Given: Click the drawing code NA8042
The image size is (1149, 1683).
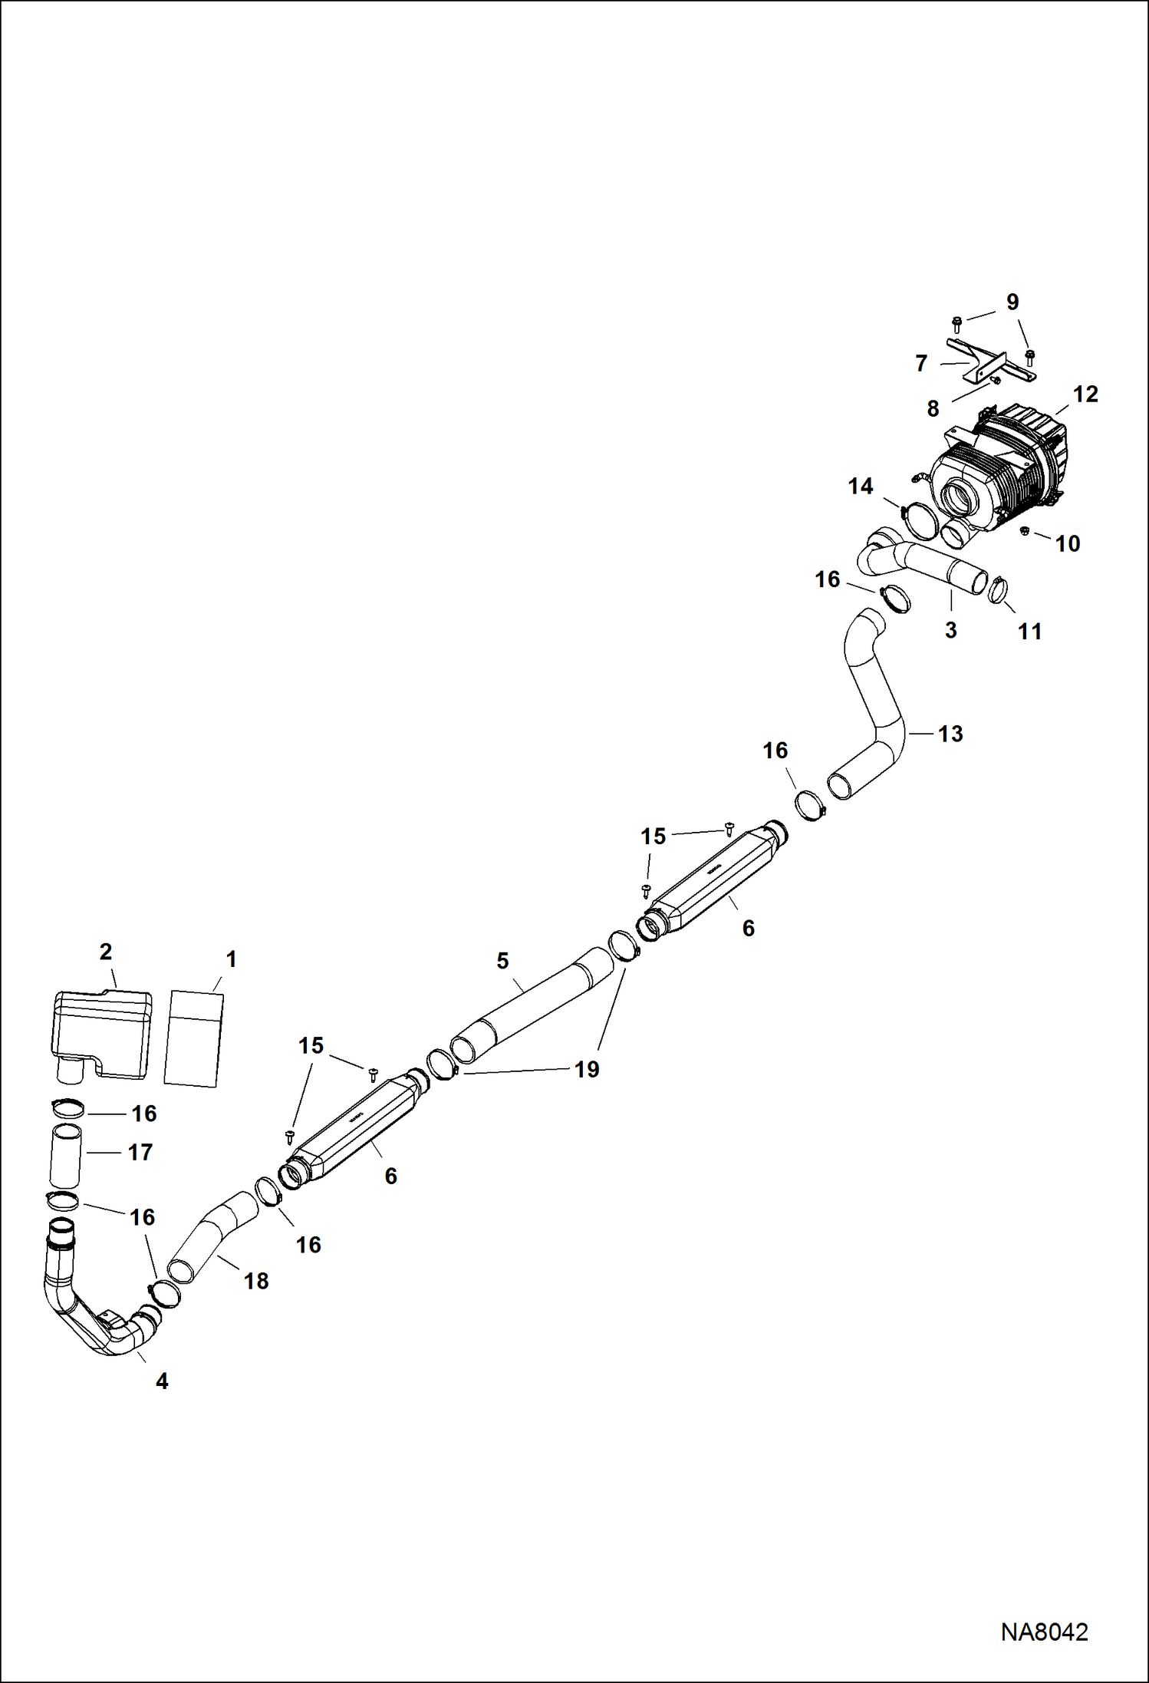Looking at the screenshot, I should tap(1044, 1632).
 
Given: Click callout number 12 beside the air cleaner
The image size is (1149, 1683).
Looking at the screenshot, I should tap(1085, 394).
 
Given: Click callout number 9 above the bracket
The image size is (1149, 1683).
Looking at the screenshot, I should tap(1012, 302).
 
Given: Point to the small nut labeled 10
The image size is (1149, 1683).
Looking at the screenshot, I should tap(1025, 530).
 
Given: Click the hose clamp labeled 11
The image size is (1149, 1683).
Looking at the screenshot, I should tap(998, 589).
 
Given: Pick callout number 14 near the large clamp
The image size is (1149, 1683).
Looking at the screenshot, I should tap(861, 487).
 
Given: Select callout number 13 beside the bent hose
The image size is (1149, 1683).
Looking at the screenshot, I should tap(950, 734).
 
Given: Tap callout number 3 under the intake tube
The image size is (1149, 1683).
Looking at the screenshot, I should tap(951, 631).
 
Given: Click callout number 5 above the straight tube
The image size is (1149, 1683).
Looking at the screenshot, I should tap(502, 961).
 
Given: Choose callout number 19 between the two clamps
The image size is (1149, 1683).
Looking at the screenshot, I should tap(587, 1069).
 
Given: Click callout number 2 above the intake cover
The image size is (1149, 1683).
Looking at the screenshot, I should tap(106, 952).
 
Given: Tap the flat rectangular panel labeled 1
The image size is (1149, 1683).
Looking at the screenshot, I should tap(193, 1038).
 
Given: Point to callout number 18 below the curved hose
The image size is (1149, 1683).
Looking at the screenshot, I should tap(256, 1281).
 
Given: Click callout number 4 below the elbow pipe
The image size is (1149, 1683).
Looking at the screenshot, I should tap(162, 1381).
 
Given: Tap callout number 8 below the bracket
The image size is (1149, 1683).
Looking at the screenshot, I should tap(933, 409).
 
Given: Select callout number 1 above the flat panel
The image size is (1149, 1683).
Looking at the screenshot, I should tap(231, 959).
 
